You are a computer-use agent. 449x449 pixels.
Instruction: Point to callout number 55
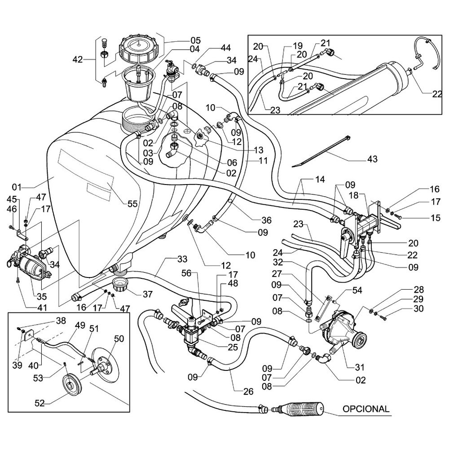point(132,203)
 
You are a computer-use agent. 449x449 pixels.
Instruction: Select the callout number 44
point(225,48)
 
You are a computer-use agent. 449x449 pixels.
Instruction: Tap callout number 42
point(78,58)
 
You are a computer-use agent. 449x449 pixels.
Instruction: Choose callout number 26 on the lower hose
point(249,392)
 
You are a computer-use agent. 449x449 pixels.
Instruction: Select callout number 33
point(169,259)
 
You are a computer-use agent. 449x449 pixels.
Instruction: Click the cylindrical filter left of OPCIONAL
point(301,409)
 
